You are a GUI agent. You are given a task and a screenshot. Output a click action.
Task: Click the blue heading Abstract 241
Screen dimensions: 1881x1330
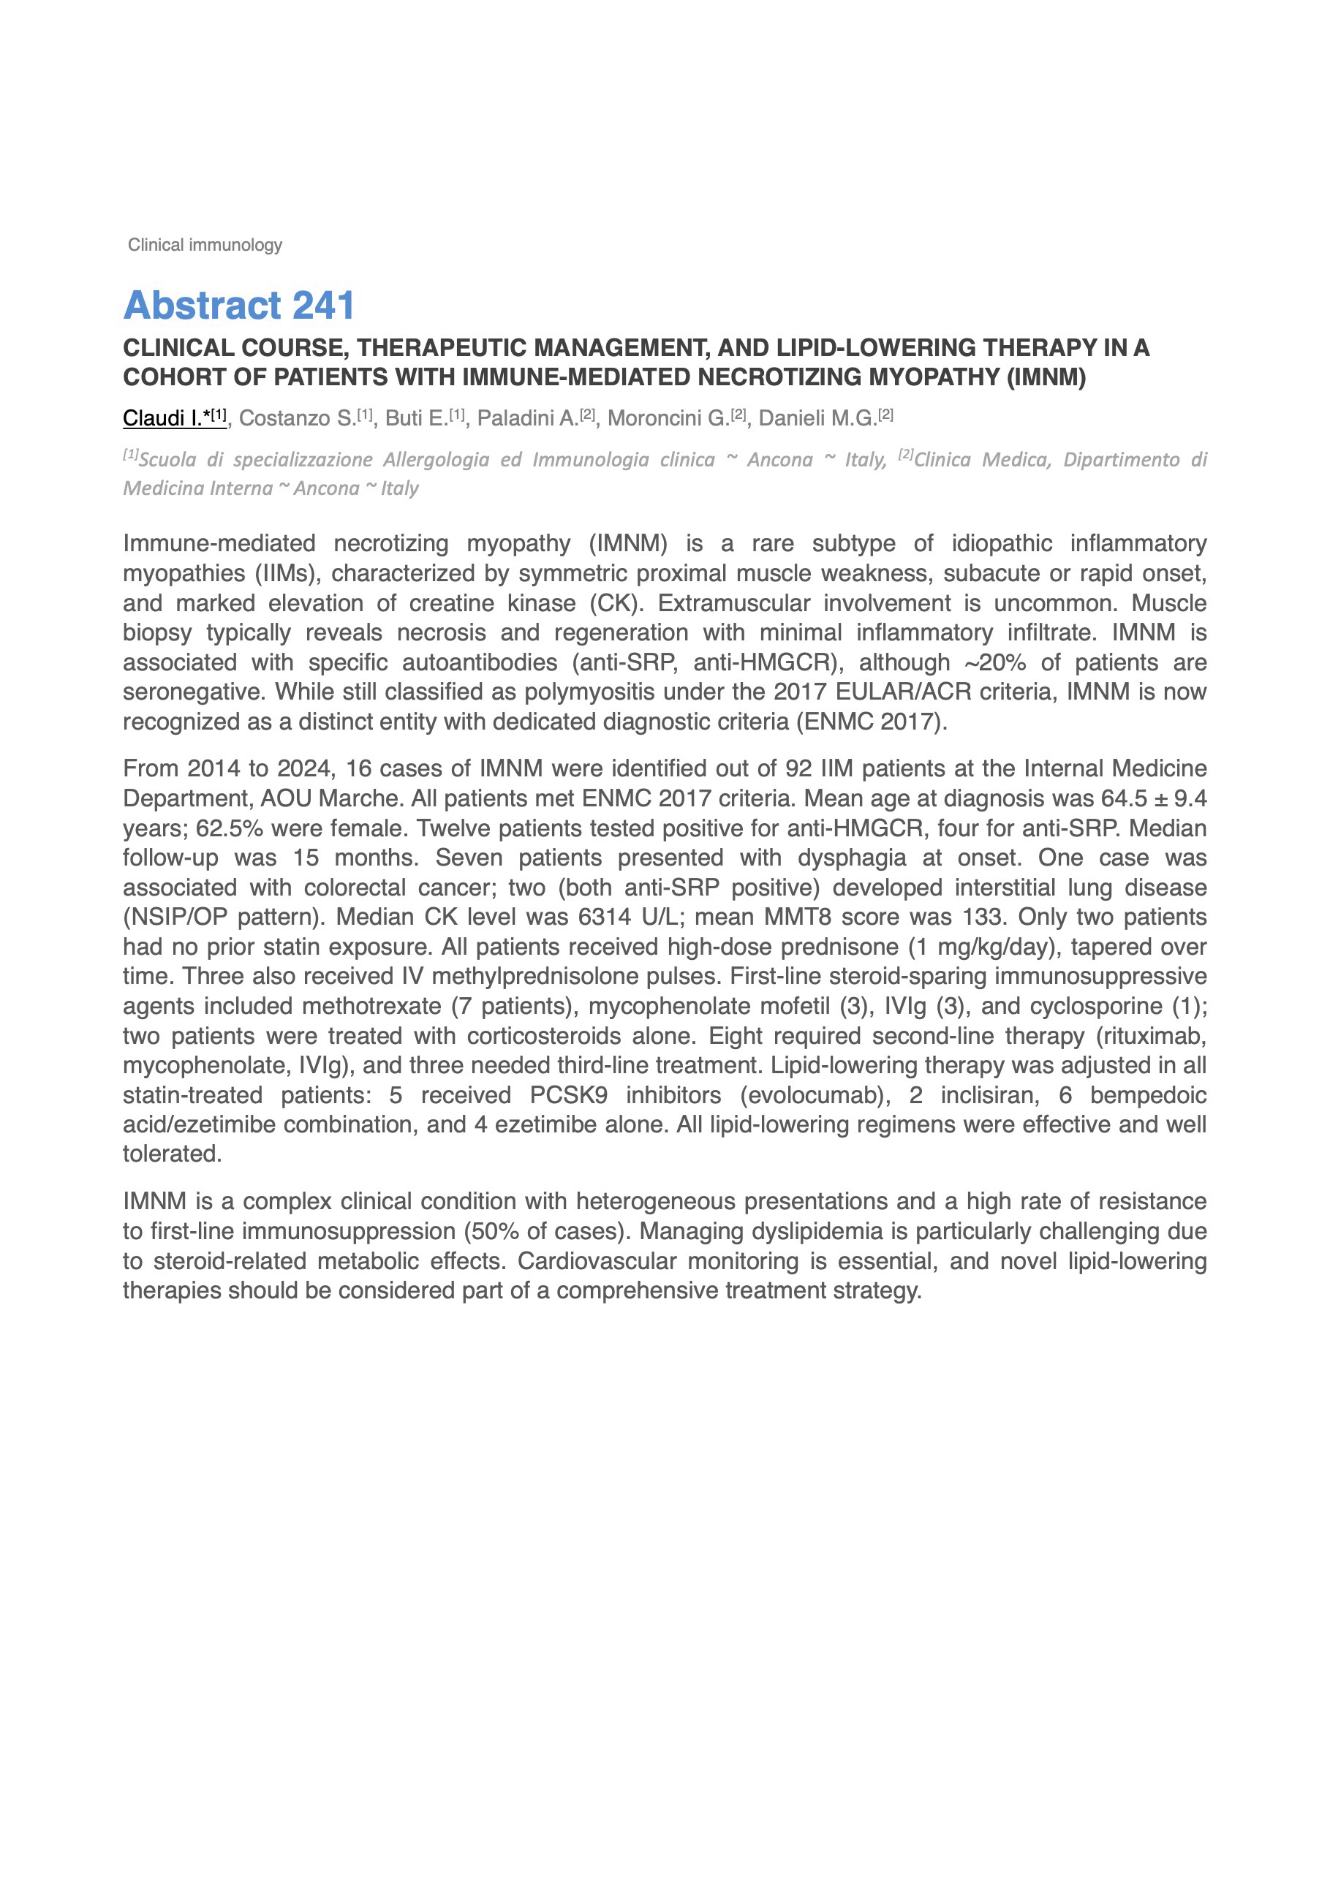click(x=238, y=306)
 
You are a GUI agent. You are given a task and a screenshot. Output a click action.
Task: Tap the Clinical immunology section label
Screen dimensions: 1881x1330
click(x=205, y=245)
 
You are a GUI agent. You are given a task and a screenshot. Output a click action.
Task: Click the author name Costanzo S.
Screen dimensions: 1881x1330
click(x=297, y=418)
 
